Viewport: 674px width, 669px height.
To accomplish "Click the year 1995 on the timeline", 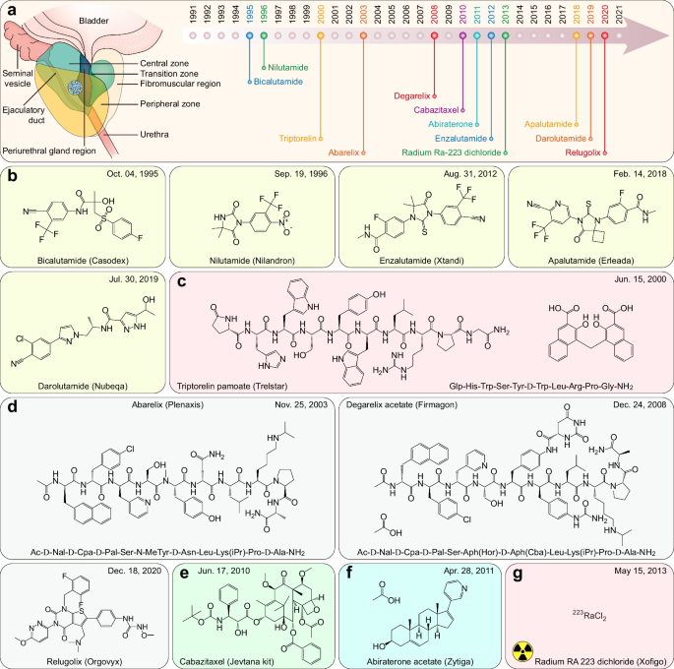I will pos(252,15).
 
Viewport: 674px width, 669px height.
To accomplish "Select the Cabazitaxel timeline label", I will pos(426,111).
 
